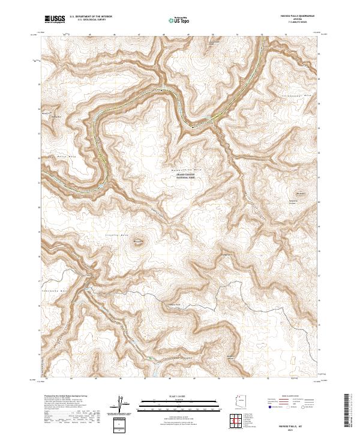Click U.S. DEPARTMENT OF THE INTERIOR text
pos(91,17)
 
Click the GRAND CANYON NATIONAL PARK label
pos(184,177)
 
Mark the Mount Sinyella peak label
pos(139,242)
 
